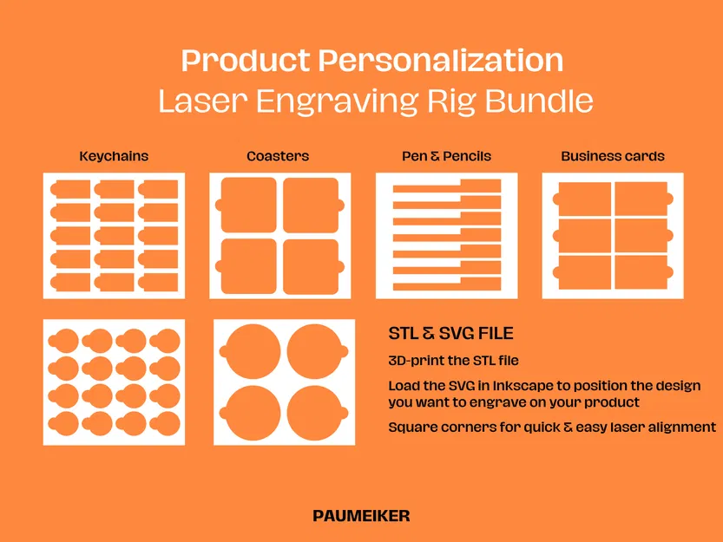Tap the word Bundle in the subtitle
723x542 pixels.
(x=539, y=101)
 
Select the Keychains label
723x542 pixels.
(x=114, y=157)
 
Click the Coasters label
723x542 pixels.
(x=278, y=157)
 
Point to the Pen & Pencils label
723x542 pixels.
(x=446, y=157)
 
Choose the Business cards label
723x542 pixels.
(x=613, y=157)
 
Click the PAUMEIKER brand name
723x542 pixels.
(x=361, y=516)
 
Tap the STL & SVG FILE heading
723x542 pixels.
(x=450, y=333)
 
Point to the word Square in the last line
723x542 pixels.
(x=411, y=427)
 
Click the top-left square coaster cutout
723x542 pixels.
(x=247, y=205)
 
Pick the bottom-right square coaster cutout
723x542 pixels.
(x=311, y=265)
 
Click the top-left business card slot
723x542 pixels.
(x=583, y=199)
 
